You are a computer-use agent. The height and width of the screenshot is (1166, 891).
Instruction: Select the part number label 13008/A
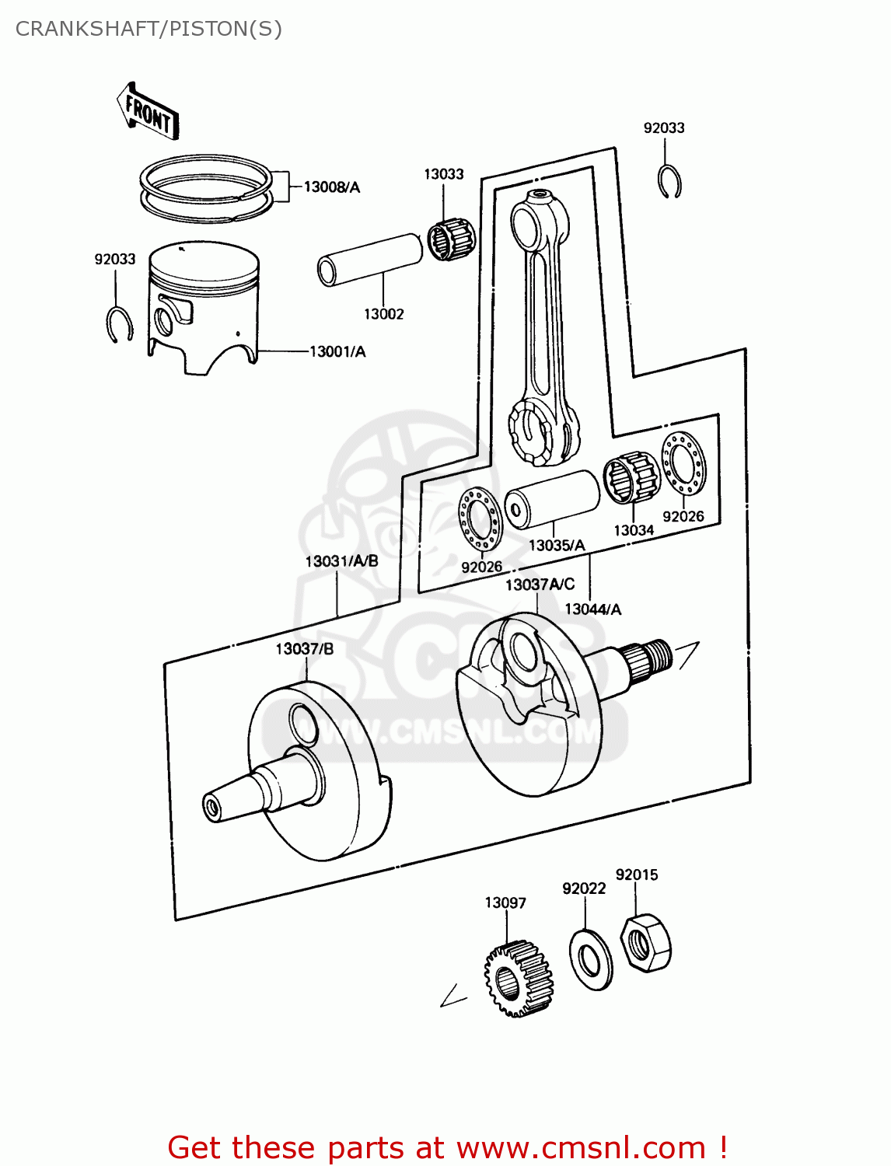point(331,187)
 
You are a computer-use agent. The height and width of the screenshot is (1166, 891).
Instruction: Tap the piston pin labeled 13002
point(370,259)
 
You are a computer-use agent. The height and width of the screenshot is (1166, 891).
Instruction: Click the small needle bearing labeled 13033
point(451,238)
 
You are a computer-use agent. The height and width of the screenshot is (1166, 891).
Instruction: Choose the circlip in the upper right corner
point(668,182)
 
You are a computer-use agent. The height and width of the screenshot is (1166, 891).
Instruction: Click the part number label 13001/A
point(337,352)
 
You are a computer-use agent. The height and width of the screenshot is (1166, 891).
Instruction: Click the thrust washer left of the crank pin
point(480,519)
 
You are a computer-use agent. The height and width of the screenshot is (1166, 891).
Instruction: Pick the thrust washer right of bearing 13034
point(683,463)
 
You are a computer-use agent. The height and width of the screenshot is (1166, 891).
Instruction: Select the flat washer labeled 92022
point(591,959)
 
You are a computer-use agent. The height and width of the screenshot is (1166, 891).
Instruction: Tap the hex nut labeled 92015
point(645,943)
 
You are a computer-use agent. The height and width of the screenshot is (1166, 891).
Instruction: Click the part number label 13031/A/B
point(341,561)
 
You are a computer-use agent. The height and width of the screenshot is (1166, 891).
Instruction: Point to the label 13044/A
point(592,609)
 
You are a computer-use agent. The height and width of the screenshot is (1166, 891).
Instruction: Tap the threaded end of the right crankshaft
point(658,655)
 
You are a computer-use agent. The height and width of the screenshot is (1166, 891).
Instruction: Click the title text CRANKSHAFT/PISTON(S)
point(148,29)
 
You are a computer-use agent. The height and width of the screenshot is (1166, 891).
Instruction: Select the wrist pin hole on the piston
point(165,319)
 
